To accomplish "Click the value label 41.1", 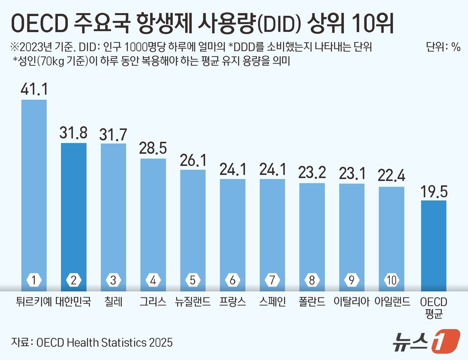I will pos(34,89).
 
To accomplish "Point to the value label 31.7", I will pos(113,134).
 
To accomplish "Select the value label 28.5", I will pos(153,148).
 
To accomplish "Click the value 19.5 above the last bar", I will pos(434,192).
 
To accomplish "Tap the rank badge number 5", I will pos(193,280).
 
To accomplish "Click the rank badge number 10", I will pos(391,280).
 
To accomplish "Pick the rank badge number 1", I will pos(34,280).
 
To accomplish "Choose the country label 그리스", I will pos(153,302).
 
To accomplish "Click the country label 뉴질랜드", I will pos(193,302).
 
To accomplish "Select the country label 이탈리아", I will pos(351,302).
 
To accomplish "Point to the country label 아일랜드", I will pos(392,302).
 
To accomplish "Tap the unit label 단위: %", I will pos(443,47).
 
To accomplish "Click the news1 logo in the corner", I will pos(426,341).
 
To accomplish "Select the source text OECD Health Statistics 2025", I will pos(104,343).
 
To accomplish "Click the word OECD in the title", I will pos(39,23).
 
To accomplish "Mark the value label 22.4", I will pos(391,176).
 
